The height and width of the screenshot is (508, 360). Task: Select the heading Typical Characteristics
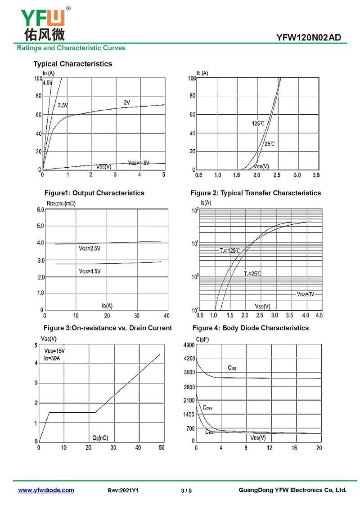72,64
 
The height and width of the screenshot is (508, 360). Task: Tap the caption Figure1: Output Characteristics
94,193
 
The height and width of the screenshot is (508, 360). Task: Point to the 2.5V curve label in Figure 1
63,105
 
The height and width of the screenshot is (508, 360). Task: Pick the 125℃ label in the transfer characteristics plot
258,123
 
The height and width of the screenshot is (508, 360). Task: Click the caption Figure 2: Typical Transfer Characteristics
256,193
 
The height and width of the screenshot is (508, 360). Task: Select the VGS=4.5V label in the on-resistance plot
90,271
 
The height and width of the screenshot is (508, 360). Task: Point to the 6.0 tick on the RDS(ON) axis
40,210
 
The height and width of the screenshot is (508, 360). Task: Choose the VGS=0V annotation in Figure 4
306,294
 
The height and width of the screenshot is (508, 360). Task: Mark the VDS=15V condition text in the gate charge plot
54,351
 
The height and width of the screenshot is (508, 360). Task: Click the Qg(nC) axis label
100,437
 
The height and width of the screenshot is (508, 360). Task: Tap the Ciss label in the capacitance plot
232,368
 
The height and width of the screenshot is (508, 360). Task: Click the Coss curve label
207,408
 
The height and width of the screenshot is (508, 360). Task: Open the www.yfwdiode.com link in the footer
46,490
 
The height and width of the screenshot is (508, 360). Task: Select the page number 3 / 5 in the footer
186,490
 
